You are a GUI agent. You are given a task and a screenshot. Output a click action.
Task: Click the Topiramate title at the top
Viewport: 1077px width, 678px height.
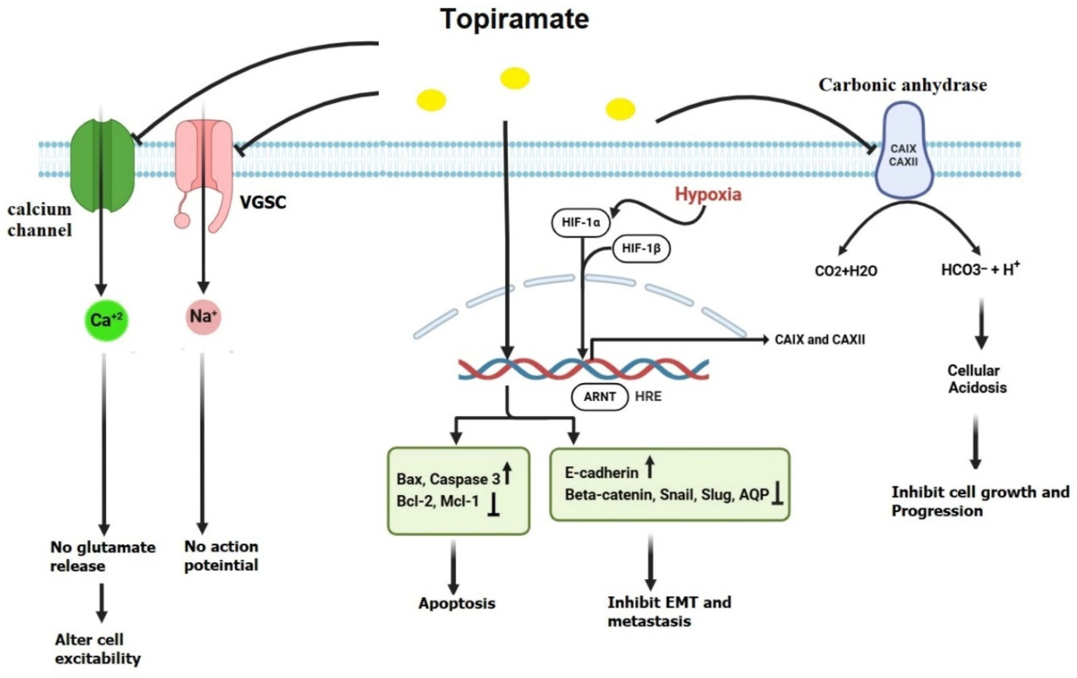pyautogui.click(x=514, y=19)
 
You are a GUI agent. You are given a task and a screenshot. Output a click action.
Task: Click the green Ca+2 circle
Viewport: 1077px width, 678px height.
pyautogui.click(x=106, y=320)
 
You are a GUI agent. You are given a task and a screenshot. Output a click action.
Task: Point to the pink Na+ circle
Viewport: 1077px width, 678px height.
pyautogui.click(x=203, y=317)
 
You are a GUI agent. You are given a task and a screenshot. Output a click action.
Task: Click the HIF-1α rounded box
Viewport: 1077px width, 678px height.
pyautogui.click(x=581, y=222)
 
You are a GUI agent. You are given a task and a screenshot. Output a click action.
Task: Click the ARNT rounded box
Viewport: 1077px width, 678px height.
pyautogui.click(x=599, y=396)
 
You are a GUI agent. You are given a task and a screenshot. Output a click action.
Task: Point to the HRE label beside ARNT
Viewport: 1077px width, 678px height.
pyautogui.click(x=648, y=396)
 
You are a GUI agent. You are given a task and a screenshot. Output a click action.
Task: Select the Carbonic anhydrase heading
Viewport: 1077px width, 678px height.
pyautogui.click(x=903, y=85)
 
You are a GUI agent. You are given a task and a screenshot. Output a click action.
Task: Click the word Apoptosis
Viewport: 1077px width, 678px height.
pyautogui.click(x=457, y=603)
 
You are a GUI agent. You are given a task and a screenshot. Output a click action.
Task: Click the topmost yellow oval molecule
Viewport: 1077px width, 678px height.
pyautogui.click(x=515, y=79)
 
